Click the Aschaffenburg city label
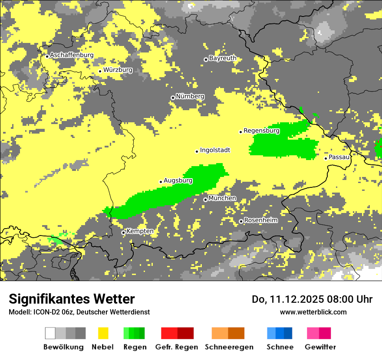(x=72, y=55)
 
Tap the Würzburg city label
(x=118, y=70)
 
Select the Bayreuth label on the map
(x=223, y=58)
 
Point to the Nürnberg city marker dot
(x=173, y=98)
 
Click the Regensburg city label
(x=261, y=131)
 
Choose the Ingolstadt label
(x=215, y=150)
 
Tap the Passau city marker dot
(x=326, y=158)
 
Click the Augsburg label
(x=178, y=180)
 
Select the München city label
(x=222, y=198)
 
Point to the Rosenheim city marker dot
(x=241, y=221)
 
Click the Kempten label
(x=140, y=231)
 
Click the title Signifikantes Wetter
(x=72, y=299)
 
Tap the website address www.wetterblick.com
(x=313, y=312)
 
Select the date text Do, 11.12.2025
(x=288, y=299)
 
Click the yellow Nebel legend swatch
(x=103, y=333)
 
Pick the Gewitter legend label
(x=320, y=347)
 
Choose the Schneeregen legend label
(x=229, y=347)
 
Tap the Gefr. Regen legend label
(x=176, y=347)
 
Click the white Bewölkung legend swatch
(x=50, y=333)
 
